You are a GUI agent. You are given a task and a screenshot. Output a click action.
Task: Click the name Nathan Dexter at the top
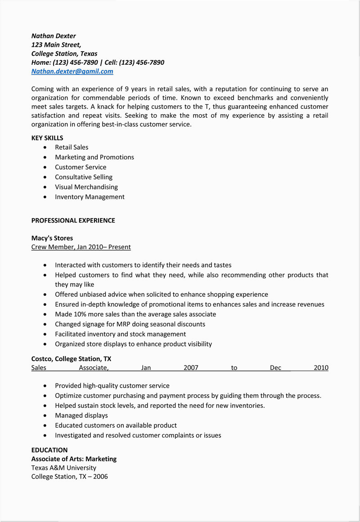coord(54,36)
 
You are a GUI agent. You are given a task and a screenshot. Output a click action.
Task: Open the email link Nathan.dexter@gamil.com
coord(72,71)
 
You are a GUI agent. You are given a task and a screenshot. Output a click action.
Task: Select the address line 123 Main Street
coord(56,45)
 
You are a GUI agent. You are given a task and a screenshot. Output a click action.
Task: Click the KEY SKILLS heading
coord(47,138)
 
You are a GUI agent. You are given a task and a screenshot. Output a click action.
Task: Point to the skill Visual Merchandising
coord(86,187)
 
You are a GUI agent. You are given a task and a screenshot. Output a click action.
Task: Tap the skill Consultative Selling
coord(84,177)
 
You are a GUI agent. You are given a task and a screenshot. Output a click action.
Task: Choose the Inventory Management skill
coord(90,197)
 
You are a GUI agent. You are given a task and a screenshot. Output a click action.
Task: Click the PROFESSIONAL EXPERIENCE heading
coord(73,221)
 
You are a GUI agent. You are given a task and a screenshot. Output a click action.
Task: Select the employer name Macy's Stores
coord(52,238)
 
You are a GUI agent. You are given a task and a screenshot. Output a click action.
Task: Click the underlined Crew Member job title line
coord(81,247)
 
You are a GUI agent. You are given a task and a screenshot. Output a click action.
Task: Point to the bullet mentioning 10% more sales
coord(135,314)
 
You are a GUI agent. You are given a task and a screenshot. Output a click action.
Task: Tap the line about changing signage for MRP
coord(130,324)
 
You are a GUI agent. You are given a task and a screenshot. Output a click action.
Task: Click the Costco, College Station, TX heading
coord(71,359)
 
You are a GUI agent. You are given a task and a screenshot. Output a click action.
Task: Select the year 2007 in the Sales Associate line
coord(191,368)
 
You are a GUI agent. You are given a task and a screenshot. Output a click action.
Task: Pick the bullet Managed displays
coord(81,415)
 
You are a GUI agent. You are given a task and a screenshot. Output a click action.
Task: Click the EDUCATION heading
coord(49,450)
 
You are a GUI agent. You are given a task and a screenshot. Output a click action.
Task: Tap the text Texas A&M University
coord(63,468)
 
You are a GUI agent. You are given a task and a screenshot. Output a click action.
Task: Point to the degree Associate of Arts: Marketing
coord(74,459)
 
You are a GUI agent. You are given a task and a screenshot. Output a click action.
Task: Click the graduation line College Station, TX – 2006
coord(69,477)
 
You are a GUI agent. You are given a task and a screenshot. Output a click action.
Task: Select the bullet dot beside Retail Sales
coord(45,147)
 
